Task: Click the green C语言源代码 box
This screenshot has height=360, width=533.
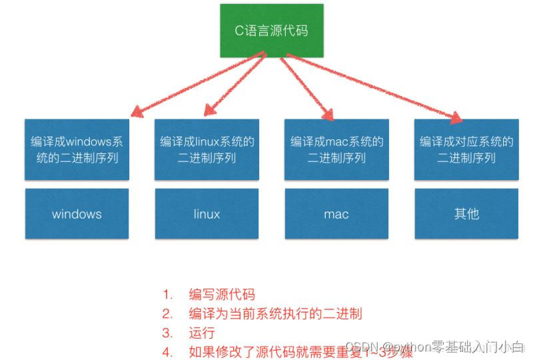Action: (272, 31)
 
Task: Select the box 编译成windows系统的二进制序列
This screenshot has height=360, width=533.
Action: (77, 149)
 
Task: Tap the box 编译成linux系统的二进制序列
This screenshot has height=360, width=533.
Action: (207, 149)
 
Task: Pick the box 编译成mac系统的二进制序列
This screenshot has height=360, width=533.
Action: (336, 149)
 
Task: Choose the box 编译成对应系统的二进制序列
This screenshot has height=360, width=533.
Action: (466, 149)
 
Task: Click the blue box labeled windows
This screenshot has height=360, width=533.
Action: (77, 214)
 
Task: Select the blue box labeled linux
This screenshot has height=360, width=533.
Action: (207, 214)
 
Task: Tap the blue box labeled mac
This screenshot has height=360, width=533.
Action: (336, 214)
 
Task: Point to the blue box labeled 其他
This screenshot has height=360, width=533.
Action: (466, 214)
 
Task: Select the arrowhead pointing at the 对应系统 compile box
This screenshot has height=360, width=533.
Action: (456, 118)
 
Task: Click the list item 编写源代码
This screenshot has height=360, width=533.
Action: (222, 295)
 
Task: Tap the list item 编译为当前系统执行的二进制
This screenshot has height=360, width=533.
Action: (275, 313)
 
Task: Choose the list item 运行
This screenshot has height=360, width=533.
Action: (202, 332)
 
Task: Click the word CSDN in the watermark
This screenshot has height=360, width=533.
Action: (362, 347)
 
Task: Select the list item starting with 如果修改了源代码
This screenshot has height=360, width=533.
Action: (300, 351)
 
